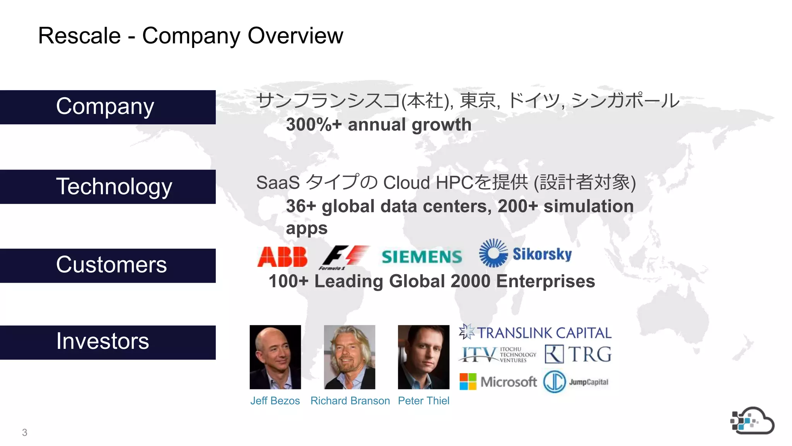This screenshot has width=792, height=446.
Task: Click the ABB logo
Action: point(282,257)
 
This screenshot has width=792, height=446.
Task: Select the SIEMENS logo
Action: point(422,257)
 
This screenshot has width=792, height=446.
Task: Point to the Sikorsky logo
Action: point(525,254)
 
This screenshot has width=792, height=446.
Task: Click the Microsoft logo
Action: point(498,382)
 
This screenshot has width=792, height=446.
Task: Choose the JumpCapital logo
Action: point(576,382)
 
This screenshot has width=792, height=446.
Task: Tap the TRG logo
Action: point(578,354)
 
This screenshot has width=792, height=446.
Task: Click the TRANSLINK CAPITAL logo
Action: point(535,333)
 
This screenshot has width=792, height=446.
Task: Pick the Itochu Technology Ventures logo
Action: point(498,354)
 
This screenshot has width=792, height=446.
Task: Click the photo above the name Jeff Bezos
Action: point(275,357)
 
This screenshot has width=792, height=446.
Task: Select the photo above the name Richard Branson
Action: point(350,357)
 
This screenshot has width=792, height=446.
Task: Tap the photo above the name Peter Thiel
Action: point(423,357)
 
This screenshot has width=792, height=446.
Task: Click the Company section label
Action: point(105,107)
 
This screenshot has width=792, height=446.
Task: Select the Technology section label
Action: point(114,187)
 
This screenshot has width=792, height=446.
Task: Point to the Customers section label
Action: point(111,265)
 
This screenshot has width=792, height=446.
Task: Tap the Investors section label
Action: point(103,342)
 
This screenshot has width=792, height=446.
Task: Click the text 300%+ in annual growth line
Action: point(314,125)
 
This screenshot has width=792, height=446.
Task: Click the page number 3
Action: point(25,432)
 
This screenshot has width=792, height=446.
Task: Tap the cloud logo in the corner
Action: point(752,421)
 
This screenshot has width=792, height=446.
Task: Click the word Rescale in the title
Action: point(80,36)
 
